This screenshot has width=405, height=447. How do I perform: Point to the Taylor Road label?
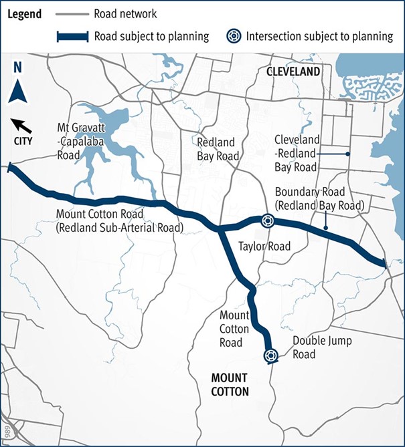[x=264, y=247]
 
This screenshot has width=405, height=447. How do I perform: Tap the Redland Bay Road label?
[x=218, y=149]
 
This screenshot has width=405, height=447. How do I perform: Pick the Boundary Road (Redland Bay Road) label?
[x=319, y=198]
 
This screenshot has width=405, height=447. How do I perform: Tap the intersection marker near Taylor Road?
[x=266, y=221]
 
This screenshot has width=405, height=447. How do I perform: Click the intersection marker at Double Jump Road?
[x=270, y=355]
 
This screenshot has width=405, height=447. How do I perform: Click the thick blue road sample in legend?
[x=73, y=36]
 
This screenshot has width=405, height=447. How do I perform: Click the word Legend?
[x=25, y=14]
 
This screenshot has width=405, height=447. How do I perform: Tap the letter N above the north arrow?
[x=18, y=67]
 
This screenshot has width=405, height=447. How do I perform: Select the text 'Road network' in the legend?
[x=125, y=14]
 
